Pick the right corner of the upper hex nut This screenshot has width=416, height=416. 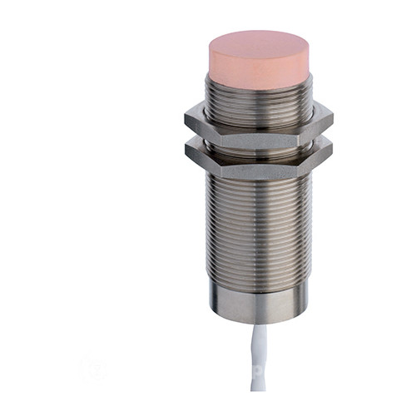coord(332,120)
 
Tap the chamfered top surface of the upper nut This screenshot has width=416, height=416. coord(258,111)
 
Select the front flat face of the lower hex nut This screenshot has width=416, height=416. coord(259,158)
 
